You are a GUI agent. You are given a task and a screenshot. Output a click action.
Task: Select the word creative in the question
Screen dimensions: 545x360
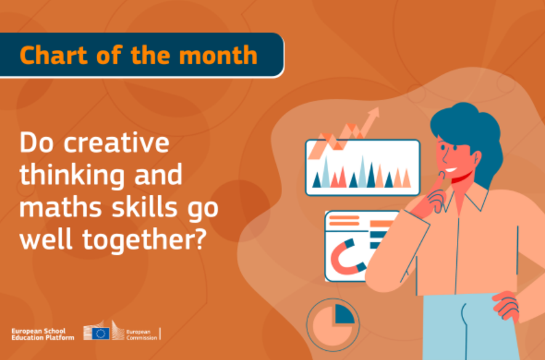116,143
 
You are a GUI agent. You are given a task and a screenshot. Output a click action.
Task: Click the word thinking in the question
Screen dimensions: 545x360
71,177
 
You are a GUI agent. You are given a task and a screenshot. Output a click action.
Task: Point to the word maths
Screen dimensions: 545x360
60,207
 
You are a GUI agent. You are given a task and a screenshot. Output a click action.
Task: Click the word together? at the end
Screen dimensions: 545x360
144,241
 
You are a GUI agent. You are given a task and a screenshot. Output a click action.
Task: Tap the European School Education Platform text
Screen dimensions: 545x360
42,334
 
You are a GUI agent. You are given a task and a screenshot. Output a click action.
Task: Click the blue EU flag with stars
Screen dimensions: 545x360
101,334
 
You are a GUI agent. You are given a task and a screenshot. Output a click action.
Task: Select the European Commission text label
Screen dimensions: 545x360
142,335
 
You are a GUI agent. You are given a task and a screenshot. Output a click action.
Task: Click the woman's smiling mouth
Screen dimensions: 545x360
451,170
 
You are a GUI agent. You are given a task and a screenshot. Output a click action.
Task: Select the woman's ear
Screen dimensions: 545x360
475,158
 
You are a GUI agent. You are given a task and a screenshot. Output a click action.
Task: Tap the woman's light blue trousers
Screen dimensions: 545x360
470,327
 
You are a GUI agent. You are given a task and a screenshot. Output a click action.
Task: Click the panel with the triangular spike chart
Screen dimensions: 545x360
363,167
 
